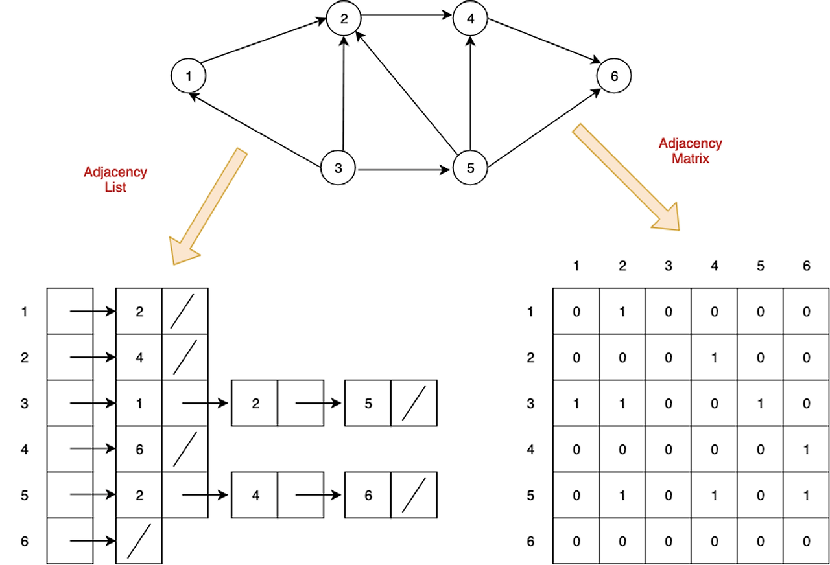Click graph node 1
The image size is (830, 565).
coord(189,76)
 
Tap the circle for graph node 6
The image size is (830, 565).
coord(614,76)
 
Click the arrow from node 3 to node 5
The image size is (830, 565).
coord(403,170)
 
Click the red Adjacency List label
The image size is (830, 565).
coord(115,179)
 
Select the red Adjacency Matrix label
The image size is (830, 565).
coord(690,150)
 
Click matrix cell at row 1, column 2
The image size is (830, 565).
coord(622,312)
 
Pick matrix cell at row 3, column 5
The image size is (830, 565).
coord(761,404)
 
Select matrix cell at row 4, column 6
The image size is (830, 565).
coord(807,450)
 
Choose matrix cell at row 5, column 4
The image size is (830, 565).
coord(715,496)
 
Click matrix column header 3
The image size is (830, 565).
coord(669,266)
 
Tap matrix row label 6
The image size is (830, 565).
coord(530,541)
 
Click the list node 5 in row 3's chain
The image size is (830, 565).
coord(368,404)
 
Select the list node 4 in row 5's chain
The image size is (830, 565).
coord(255,496)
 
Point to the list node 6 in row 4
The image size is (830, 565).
coord(139,450)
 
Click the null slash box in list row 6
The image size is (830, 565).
coord(139,541)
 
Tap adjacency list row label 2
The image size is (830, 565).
coord(25,358)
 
